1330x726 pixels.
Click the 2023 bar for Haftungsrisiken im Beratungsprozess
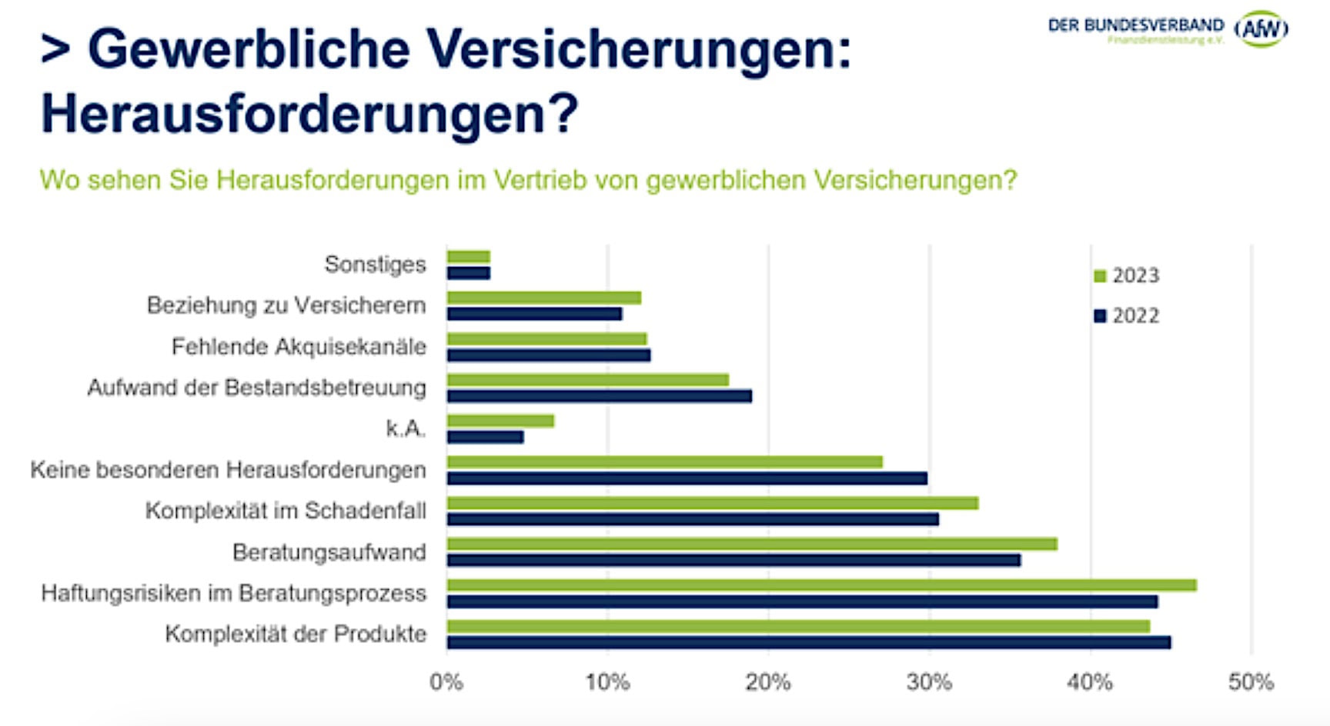pyautogui.click(x=821, y=585)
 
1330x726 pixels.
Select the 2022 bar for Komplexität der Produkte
pyautogui.click(x=808, y=642)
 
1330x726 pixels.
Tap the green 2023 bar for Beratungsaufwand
pyautogui.click(x=751, y=544)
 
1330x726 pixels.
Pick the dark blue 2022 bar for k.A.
pyautogui.click(x=485, y=437)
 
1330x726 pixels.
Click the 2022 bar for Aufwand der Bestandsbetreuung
pyautogui.click(x=599, y=396)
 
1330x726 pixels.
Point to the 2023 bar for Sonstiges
pyautogui.click(x=468, y=257)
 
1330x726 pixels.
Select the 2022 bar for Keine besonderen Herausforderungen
pyautogui.click(x=687, y=478)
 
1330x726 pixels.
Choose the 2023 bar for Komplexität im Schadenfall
pyautogui.click(x=712, y=503)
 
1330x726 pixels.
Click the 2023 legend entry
pyautogui.click(x=1127, y=275)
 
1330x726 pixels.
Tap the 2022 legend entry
pyautogui.click(x=1127, y=316)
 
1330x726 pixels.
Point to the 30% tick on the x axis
pyautogui.click(x=929, y=682)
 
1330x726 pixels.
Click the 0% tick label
pyautogui.click(x=446, y=682)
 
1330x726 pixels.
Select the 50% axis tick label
pyautogui.click(x=1251, y=682)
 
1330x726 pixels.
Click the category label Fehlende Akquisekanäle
pyautogui.click(x=299, y=347)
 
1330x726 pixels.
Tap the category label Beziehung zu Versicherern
pyautogui.click(x=286, y=305)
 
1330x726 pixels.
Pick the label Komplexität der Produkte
pyautogui.click(x=296, y=634)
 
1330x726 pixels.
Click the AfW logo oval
pyautogui.click(x=1261, y=29)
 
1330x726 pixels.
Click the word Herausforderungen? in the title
pyautogui.click(x=309, y=114)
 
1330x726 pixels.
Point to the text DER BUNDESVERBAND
pyautogui.click(x=1135, y=25)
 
